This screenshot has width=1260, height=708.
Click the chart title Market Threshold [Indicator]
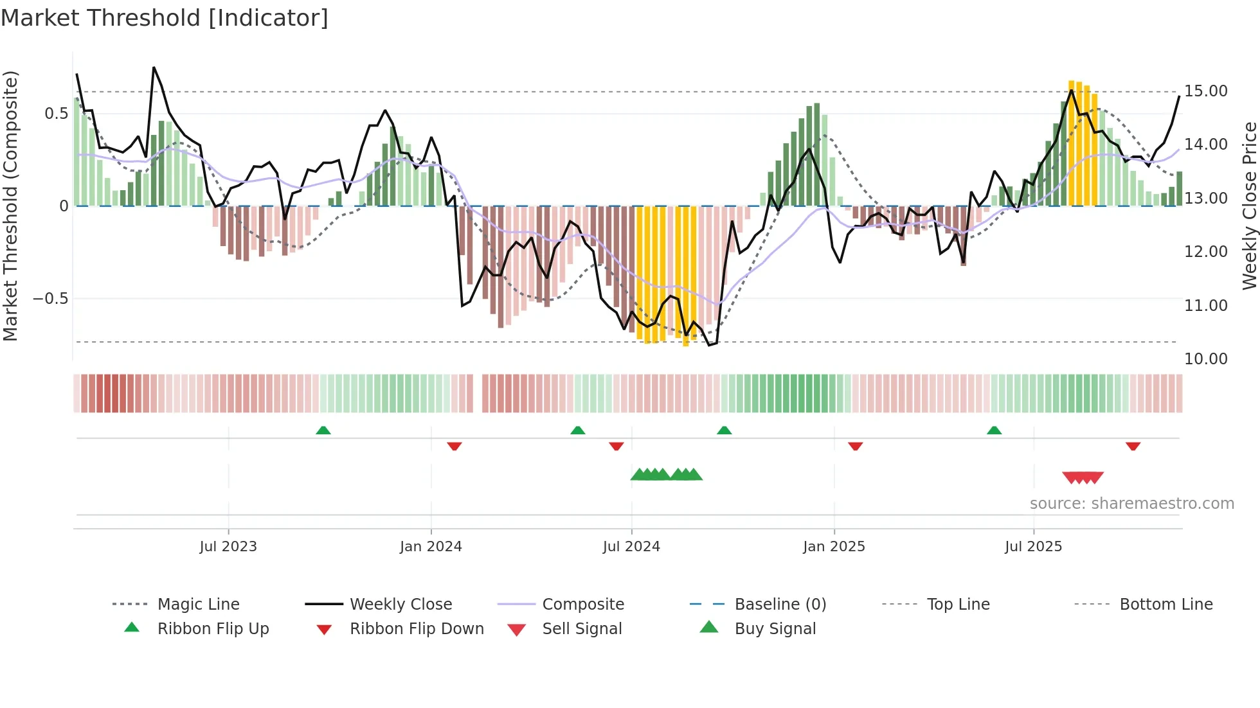[x=165, y=18]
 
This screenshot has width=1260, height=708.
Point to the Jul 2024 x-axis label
[x=631, y=547]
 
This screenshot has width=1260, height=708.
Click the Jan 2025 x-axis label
[x=834, y=547]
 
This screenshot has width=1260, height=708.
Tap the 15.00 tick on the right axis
[x=1206, y=91]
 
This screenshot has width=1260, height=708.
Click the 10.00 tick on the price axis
[x=1206, y=359]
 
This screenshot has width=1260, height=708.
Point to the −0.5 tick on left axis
[x=51, y=299]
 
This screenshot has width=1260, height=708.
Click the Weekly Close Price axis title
[x=1248, y=206]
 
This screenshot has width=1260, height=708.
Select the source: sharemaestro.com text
[x=1131, y=504]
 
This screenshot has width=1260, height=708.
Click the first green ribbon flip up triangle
[x=323, y=430]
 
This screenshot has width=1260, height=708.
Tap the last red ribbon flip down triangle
[x=1133, y=446]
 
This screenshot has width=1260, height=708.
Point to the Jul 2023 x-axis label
[x=228, y=547]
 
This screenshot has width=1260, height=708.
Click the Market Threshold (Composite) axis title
[x=10, y=206]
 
